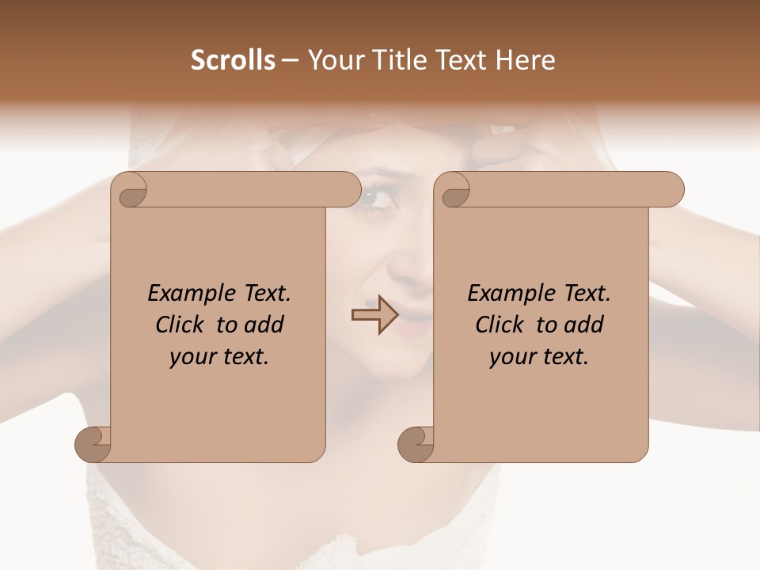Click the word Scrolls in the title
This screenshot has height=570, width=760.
tap(234, 60)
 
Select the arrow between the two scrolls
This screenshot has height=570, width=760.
tap(374, 315)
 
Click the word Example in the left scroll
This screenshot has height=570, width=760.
tap(187, 294)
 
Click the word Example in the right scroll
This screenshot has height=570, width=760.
tap(507, 294)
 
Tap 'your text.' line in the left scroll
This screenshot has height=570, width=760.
tap(219, 356)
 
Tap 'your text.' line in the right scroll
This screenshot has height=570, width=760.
tap(539, 356)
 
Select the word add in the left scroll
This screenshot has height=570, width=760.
tap(264, 325)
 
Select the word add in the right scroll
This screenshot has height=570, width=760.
tap(584, 325)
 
